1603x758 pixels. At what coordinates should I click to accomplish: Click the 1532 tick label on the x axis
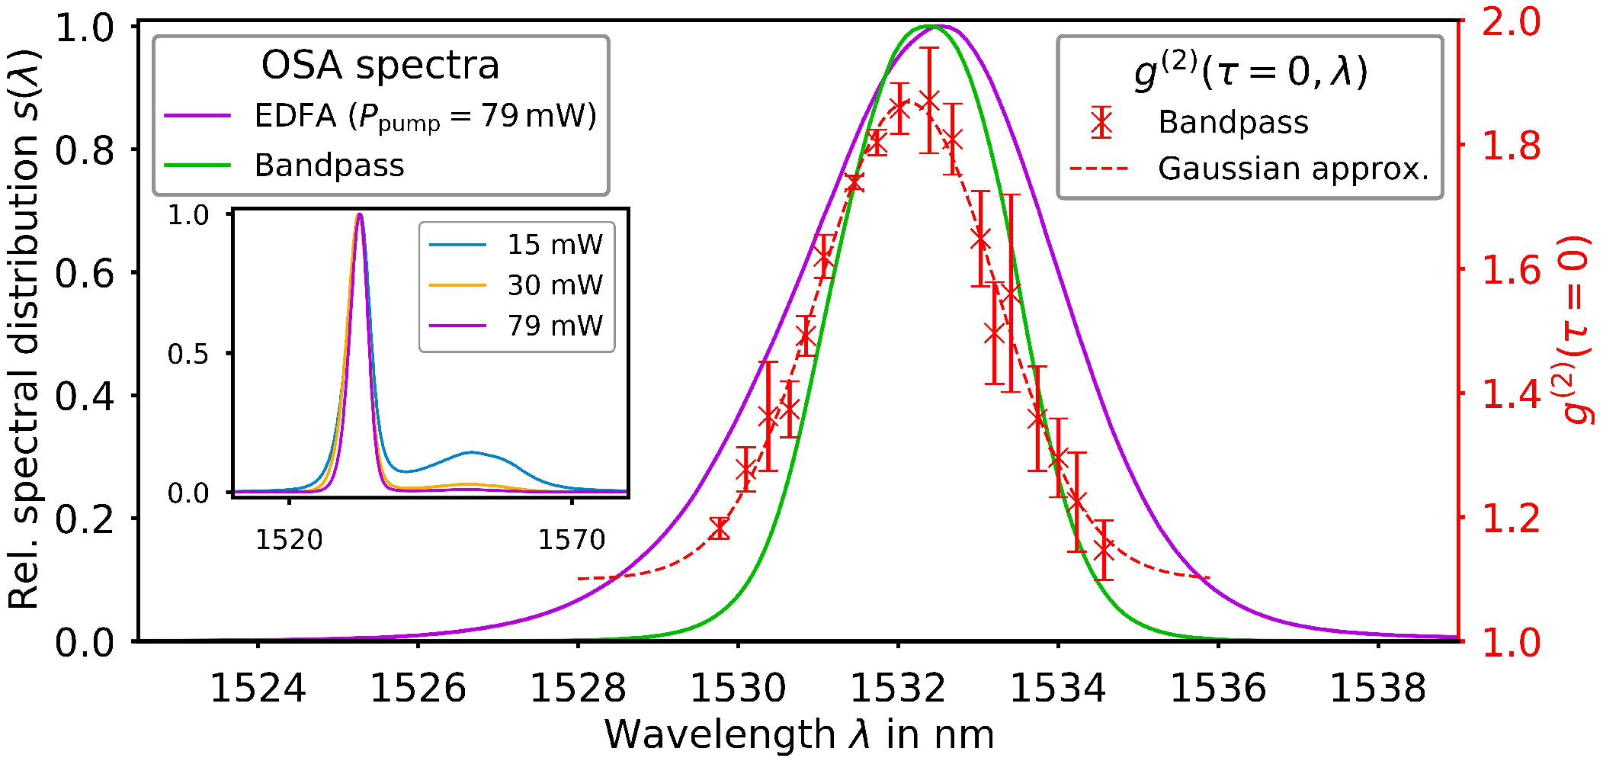click(897, 689)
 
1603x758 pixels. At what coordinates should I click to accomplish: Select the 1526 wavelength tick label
click(418, 689)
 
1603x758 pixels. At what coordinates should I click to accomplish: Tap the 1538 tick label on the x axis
click(1377, 689)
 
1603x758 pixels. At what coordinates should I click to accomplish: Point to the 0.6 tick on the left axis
click(84, 273)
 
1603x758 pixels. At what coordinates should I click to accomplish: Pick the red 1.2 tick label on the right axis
click(1511, 519)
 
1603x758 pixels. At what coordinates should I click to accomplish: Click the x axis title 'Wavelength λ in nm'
click(799, 735)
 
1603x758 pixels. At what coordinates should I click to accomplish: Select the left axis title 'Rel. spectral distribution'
click(24, 328)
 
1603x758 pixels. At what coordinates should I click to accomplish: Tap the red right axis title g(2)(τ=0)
click(1576, 328)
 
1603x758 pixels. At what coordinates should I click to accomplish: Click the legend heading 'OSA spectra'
click(380, 65)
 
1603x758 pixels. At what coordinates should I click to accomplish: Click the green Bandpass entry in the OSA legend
click(329, 165)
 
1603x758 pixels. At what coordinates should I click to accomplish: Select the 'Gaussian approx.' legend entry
click(1293, 169)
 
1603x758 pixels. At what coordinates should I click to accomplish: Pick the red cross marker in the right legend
click(1101, 122)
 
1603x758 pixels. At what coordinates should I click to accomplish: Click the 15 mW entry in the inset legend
click(554, 245)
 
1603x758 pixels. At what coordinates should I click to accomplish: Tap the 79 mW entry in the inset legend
click(554, 326)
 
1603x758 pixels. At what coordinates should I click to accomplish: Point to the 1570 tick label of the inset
click(571, 540)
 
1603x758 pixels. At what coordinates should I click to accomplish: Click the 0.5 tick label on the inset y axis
click(188, 355)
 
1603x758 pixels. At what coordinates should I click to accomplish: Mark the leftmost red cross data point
click(719, 528)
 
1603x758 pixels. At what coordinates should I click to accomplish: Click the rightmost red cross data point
click(1104, 550)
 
